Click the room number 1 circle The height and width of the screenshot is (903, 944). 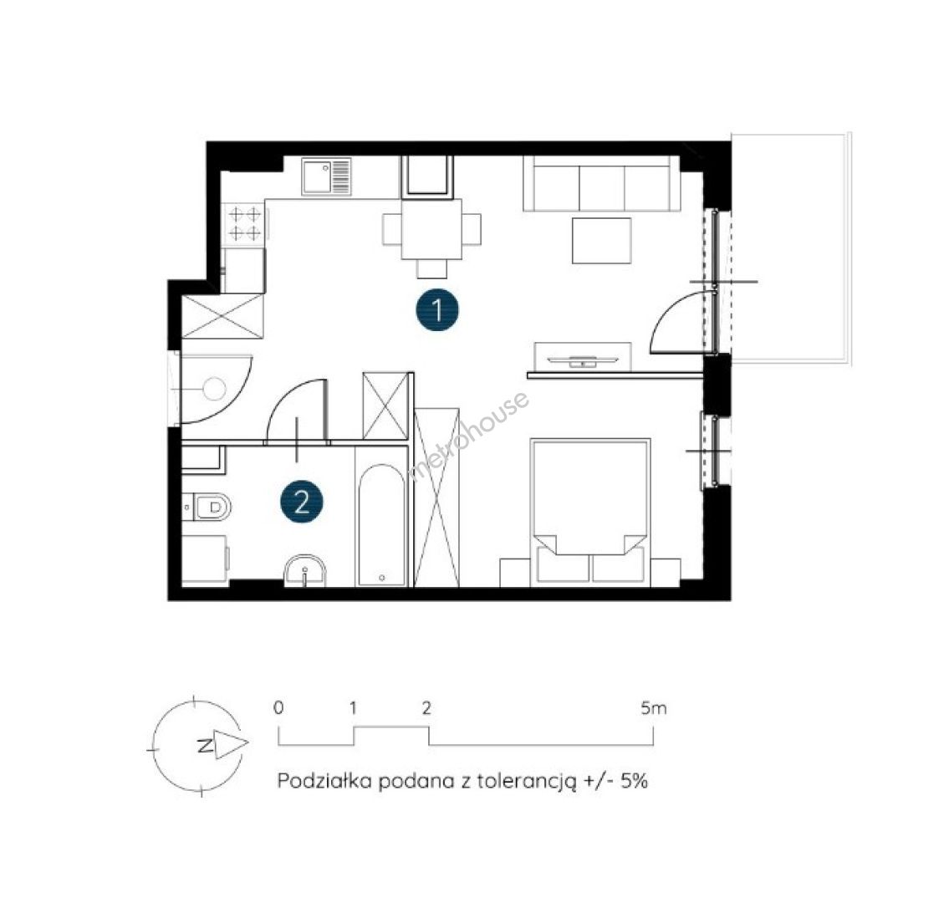437,311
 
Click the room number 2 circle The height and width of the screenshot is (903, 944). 302,501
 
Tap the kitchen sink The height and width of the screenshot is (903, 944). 326,176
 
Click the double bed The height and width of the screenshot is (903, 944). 590,512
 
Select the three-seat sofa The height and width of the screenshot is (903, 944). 602,184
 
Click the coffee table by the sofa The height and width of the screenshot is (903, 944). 601,241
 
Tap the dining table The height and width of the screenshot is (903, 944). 431,229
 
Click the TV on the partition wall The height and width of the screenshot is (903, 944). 583,360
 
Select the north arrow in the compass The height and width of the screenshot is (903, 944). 231,745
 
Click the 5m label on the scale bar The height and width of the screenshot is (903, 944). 654,708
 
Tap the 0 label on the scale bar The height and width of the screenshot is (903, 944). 278,707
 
